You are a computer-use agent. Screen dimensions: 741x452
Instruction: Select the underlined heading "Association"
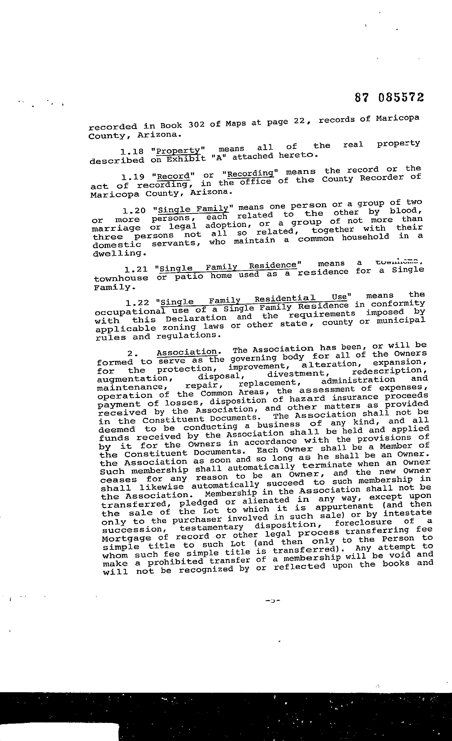coord(187,352)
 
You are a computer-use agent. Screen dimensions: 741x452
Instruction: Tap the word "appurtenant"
coord(344,506)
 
